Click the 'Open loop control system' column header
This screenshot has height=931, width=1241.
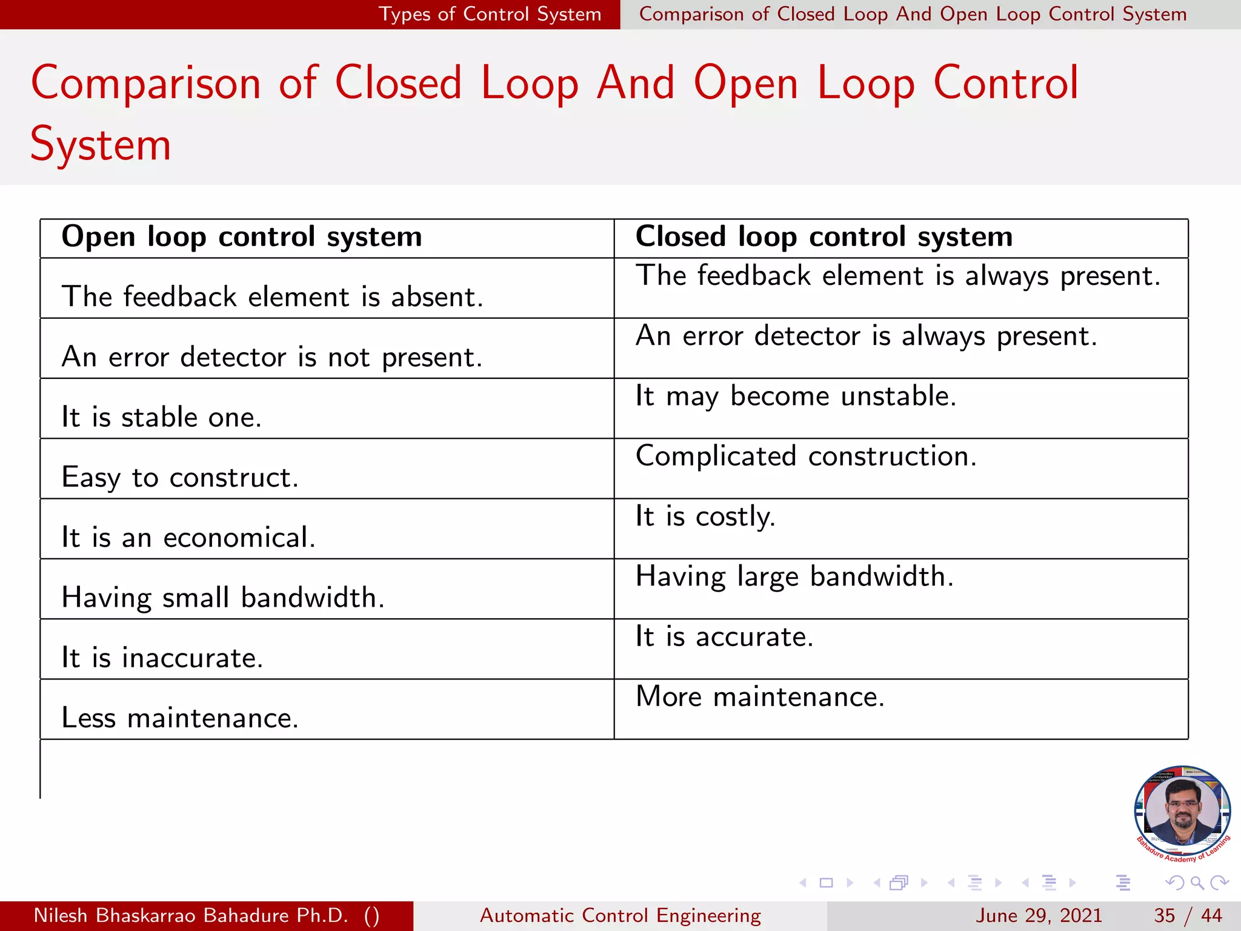click(242, 237)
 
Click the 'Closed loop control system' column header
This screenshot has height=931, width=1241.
click(824, 237)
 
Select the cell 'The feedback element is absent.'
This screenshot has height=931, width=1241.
click(273, 297)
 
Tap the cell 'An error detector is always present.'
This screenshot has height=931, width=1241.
click(867, 336)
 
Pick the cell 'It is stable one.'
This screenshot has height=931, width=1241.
click(162, 418)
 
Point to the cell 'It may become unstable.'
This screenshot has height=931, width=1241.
click(796, 396)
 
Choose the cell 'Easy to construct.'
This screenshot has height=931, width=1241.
click(180, 478)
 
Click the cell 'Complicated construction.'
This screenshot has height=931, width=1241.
click(806, 456)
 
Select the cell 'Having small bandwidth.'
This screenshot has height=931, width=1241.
click(223, 598)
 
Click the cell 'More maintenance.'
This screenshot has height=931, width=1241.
click(760, 697)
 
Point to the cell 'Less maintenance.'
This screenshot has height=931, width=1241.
click(180, 718)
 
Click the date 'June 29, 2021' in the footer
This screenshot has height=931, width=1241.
click(1039, 915)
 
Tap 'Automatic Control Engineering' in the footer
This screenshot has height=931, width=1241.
click(620, 915)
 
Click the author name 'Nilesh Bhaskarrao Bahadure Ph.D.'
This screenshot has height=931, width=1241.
click(191, 915)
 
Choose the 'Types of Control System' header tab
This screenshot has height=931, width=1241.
click(490, 14)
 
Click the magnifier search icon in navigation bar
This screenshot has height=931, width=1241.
click(1197, 883)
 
